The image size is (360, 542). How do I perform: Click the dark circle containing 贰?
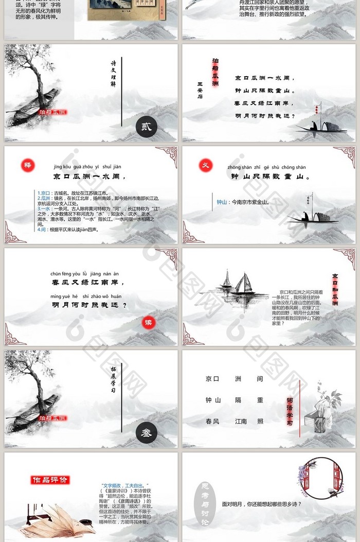coord(146,127)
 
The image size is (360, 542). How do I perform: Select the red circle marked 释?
coord(27,165)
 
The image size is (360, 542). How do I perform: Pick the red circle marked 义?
coord(205,165)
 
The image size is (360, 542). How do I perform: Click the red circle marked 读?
coord(149,323)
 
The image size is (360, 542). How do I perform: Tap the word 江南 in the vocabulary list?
coord(241,421)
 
